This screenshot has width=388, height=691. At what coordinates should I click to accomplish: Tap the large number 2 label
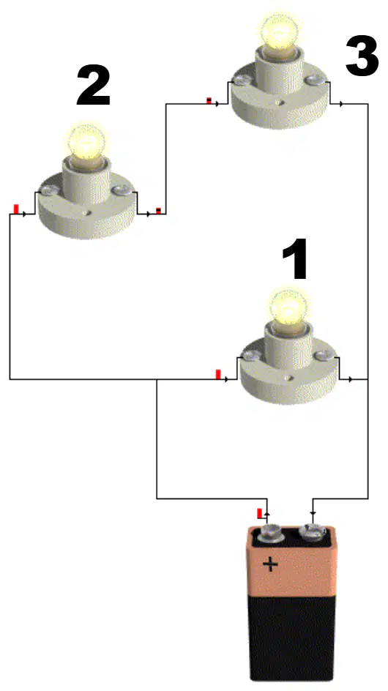coord(94,86)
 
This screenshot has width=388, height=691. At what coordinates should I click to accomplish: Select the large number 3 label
coord(362,56)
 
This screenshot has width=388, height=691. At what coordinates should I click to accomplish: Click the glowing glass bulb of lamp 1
coord(288,305)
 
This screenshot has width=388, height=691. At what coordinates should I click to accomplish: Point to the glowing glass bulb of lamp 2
coord(87,141)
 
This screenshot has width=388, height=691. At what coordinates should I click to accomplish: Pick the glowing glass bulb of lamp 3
coord(279,31)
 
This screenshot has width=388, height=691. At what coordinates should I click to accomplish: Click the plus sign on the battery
coord(270,564)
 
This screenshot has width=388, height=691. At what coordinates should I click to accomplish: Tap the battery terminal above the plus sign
coord(270,533)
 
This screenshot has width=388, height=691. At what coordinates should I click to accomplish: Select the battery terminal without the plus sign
coord(313,532)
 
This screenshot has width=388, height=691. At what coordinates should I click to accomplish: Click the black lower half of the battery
coord(291,637)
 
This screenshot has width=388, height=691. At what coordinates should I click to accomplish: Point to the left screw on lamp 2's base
coord(45,191)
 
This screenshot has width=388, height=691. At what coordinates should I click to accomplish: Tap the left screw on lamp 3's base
coord(239,81)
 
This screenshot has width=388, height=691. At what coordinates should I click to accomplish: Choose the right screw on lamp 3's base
coord(315,80)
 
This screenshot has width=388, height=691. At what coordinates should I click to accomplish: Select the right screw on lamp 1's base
coord(324,354)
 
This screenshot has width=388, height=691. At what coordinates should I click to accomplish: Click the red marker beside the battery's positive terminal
coord(260,513)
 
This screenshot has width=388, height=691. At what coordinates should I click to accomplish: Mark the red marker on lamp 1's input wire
coord(218,375)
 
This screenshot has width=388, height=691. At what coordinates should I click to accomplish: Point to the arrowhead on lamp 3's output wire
coord(342,105)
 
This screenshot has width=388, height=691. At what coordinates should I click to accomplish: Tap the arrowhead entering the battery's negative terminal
coord(313,513)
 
